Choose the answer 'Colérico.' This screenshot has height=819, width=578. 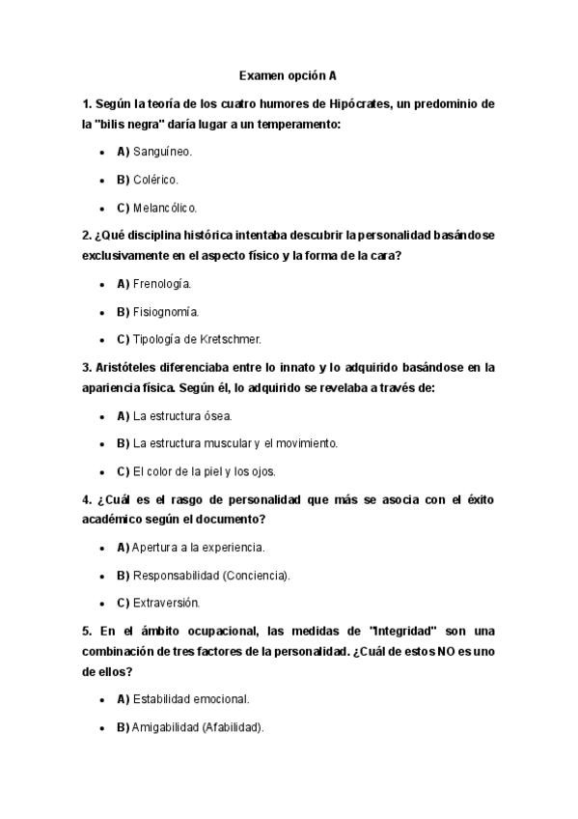click(155, 180)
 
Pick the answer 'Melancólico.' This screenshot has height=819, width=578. click(165, 208)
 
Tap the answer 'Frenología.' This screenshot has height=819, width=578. click(162, 284)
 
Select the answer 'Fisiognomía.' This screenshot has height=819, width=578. click(166, 312)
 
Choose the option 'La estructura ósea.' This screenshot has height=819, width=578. click(182, 415)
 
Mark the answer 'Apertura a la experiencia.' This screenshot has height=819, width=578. click(198, 548)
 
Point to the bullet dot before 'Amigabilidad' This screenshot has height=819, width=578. click(101, 726)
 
